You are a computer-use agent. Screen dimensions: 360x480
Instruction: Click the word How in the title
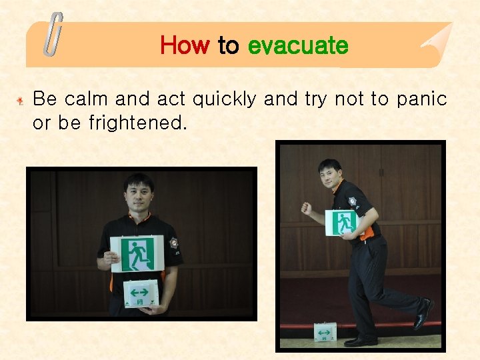[x=185, y=45]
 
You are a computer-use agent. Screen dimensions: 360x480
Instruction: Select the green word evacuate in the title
[x=297, y=45]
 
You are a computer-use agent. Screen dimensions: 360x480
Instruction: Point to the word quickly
[x=224, y=99]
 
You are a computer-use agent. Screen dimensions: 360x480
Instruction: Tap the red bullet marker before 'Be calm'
[x=21, y=101]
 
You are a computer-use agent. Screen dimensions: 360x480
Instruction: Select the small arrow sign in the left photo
[x=140, y=294]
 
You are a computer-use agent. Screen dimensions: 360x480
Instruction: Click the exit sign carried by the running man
[x=342, y=223]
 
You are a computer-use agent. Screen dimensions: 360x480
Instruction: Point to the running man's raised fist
[x=306, y=209]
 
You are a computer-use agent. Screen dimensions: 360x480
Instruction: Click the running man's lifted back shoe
[x=423, y=314]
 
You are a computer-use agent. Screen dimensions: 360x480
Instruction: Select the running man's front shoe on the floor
[x=361, y=341]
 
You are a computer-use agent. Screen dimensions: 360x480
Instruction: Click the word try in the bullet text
[x=315, y=99]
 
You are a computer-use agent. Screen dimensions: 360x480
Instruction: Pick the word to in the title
[x=228, y=45]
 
